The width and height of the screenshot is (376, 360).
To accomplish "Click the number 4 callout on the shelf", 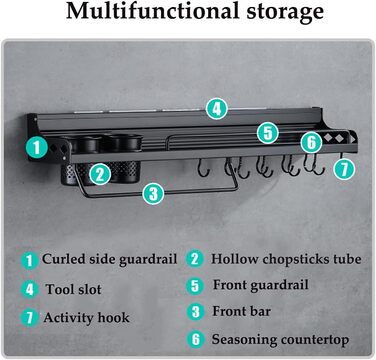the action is tap(217, 109).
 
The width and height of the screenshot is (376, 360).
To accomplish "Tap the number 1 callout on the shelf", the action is tap(37, 148).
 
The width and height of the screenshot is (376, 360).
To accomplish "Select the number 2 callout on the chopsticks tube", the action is tap(100, 174).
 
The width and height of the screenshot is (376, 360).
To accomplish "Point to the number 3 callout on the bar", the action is tap(153, 193).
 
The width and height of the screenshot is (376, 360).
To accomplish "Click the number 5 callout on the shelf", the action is tap(268, 133).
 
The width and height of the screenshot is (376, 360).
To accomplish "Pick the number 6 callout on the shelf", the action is tap(311, 142).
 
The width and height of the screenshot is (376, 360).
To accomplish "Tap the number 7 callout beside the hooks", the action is tap(344, 169).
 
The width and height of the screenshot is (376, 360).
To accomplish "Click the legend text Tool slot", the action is tap(73, 289).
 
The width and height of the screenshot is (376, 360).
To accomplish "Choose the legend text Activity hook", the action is tap(86, 317).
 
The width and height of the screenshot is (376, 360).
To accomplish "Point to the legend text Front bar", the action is tap(242, 311).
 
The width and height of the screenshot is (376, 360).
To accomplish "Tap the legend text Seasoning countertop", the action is tap(280, 340).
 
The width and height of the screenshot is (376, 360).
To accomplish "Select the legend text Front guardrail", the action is tap(261, 285).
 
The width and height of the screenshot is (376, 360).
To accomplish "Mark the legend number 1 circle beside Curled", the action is tap(30, 260).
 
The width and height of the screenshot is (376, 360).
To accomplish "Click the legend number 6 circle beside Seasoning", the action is tap(195, 339).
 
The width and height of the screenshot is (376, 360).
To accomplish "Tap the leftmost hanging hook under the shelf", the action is tap(203, 168).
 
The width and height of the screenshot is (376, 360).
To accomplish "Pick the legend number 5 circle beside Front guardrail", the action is tap(195, 286).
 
